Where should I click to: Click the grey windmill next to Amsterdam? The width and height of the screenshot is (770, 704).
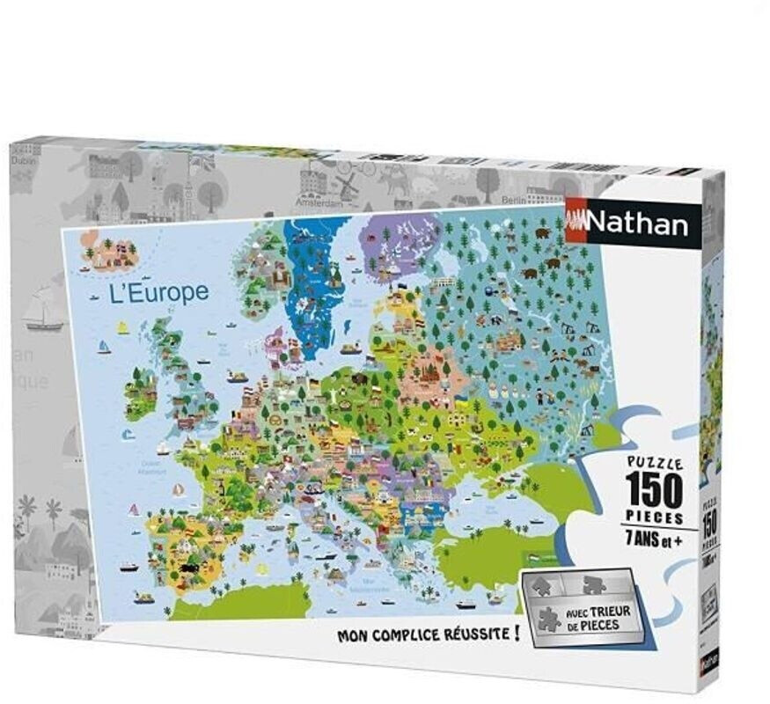pos(346,184)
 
